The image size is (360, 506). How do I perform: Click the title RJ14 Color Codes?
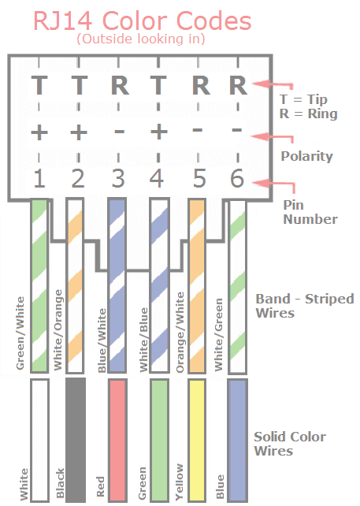pyautogui.click(x=143, y=21)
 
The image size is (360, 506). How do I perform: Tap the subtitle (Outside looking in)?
pyautogui.click(x=141, y=39)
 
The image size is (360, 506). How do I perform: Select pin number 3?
pyautogui.click(x=118, y=178)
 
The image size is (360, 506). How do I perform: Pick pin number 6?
pyautogui.click(x=237, y=178)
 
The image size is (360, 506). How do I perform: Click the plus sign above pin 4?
pyautogui.click(x=158, y=132)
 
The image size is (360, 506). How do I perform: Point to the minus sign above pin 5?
pyautogui.click(x=197, y=130)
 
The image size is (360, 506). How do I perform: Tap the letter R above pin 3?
pyautogui.click(x=120, y=86)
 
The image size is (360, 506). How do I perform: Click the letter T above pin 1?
pyautogui.click(x=39, y=85)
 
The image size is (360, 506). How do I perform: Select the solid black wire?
pyautogui.click(x=76, y=440)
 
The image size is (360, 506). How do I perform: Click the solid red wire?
pyautogui.click(x=117, y=441)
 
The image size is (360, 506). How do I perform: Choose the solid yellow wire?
pyautogui.click(x=197, y=441)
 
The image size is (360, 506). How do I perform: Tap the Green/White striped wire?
pyautogui.click(x=39, y=285)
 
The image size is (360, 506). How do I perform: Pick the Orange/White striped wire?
pyautogui.click(x=197, y=286)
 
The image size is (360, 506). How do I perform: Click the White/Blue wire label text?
pyautogui.click(x=143, y=340)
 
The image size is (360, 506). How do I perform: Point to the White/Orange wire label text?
pyautogui.click(x=58, y=329)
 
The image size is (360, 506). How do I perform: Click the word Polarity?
pyautogui.click(x=306, y=156)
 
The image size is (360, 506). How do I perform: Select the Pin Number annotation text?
pyautogui.click(x=310, y=212)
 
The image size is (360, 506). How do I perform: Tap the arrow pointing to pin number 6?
pyautogui.click(x=274, y=185)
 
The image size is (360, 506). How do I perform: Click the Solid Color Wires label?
pyautogui.click(x=290, y=444)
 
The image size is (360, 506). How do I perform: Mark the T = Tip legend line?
pyautogui.click(x=303, y=99)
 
